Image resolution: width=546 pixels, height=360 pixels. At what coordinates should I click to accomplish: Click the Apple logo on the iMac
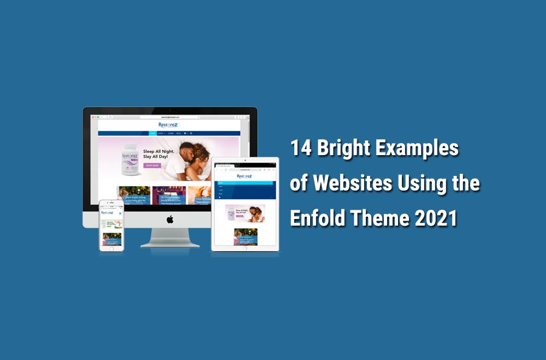(x=170, y=219)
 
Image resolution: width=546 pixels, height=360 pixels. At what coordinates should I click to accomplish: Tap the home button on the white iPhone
(x=111, y=248)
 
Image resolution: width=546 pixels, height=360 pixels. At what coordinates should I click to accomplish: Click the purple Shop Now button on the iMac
(x=152, y=165)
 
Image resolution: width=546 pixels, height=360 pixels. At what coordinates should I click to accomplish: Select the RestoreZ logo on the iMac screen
(x=168, y=125)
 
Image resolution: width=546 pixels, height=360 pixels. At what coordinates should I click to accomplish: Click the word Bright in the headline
(x=343, y=149)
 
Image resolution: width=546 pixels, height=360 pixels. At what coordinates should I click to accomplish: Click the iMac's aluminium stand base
(x=170, y=244)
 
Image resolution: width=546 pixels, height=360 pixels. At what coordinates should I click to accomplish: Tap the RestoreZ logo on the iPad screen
(x=244, y=176)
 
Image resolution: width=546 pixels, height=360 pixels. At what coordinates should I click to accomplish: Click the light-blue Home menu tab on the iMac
(x=153, y=133)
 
